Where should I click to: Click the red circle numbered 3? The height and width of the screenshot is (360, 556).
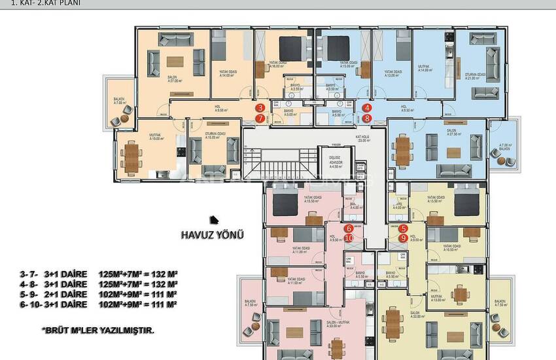260,108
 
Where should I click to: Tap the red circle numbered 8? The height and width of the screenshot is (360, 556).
368,118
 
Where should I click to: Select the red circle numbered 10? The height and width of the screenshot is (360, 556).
349,238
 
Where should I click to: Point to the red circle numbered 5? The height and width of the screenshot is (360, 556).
404,228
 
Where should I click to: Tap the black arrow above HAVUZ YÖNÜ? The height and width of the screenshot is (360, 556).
212,220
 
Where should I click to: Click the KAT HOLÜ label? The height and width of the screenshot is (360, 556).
362,138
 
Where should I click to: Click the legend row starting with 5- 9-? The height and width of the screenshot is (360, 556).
98,295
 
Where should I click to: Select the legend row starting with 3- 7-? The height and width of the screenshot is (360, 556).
98,274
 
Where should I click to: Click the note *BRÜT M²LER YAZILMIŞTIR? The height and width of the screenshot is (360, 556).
97,331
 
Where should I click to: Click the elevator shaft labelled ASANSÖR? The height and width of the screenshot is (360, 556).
335,161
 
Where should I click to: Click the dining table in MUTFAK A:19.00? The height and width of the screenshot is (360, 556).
133,156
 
